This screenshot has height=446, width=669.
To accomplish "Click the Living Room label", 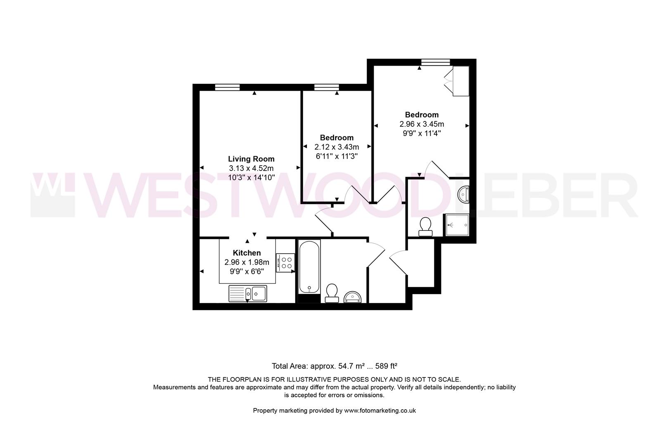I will (x=251, y=159).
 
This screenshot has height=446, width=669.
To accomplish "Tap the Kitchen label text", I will (x=247, y=253).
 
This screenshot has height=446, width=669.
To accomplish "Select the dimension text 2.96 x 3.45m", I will (x=422, y=124).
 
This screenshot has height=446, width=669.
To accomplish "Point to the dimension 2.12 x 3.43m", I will (x=337, y=147).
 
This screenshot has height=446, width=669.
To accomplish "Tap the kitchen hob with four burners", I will (x=285, y=263).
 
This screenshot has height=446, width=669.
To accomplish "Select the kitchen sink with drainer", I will (x=248, y=294).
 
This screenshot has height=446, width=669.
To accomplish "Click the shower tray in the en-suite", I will (x=456, y=225).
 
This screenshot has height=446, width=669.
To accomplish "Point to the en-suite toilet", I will (x=425, y=227).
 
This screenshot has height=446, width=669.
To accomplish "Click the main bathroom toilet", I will (x=332, y=293).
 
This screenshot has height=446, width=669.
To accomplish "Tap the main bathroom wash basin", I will (x=353, y=297).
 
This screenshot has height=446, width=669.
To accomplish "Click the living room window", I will (x=228, y=87).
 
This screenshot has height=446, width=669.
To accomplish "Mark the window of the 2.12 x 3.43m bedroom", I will (x=326, y=87).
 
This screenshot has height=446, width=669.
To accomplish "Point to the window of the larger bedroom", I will (x=435, y=62).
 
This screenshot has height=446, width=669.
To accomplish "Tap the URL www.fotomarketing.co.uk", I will (x=380, y=410).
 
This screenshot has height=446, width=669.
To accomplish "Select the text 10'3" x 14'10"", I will (x=251, y=177).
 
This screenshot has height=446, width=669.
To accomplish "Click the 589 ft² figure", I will (x=386, y=366).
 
